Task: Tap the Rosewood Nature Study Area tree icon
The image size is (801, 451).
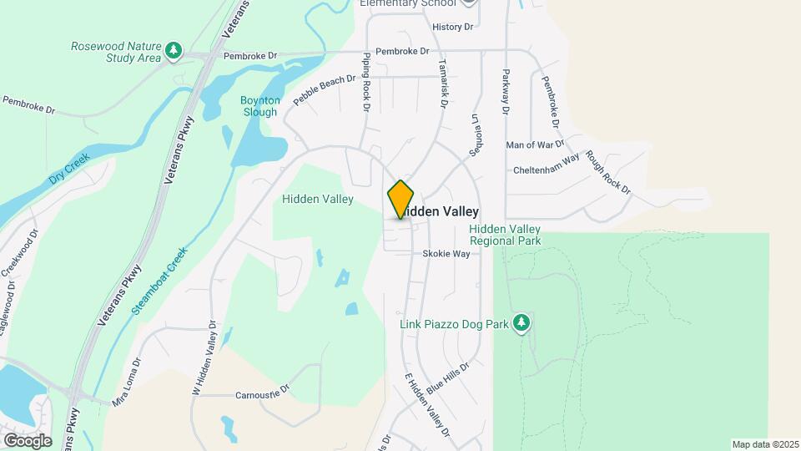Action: point(174,51)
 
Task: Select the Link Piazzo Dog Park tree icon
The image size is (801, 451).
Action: point(521,322)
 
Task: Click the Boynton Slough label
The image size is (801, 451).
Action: point(261,105)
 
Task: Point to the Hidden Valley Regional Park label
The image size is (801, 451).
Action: point(505,235)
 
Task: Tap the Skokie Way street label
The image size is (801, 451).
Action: point(446,253)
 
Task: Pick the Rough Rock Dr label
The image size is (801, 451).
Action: point(608,172)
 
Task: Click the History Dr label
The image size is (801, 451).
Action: point(453,27)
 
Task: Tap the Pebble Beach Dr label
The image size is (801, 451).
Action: point(325,92)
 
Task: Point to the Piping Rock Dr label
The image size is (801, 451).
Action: point(365,83)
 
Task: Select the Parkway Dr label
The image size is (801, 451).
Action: point(505,92)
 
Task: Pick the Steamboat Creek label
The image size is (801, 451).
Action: point(160,280)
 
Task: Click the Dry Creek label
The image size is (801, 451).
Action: point(68,168)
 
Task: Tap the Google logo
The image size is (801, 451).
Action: point(27,440)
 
